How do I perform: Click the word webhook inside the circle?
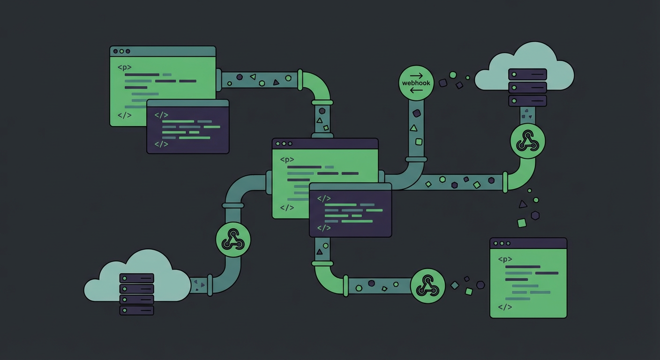(416, 83)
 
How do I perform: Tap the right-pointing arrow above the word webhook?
(416, 75)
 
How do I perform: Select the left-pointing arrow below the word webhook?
(416, 90)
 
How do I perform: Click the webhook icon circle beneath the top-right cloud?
(527, 141)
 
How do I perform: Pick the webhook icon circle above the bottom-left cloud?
(233, 240)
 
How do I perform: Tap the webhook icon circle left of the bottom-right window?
(427, 285)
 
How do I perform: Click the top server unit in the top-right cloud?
(527, 75)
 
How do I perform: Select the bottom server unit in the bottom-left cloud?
(136, 310)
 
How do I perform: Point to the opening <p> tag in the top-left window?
(124, 67)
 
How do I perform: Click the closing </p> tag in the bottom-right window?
(505, 307)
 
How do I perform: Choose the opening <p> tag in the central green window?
(287, 159)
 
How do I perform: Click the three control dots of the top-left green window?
(121, 51)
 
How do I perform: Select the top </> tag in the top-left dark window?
(161, 114)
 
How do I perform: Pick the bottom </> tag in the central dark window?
(323, 228)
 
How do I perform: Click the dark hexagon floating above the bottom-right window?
(535, 215)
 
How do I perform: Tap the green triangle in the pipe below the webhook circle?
(413, 128)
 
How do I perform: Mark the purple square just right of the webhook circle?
(443, 82)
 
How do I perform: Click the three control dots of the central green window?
(284, 143)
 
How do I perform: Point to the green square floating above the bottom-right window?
(522, 223)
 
